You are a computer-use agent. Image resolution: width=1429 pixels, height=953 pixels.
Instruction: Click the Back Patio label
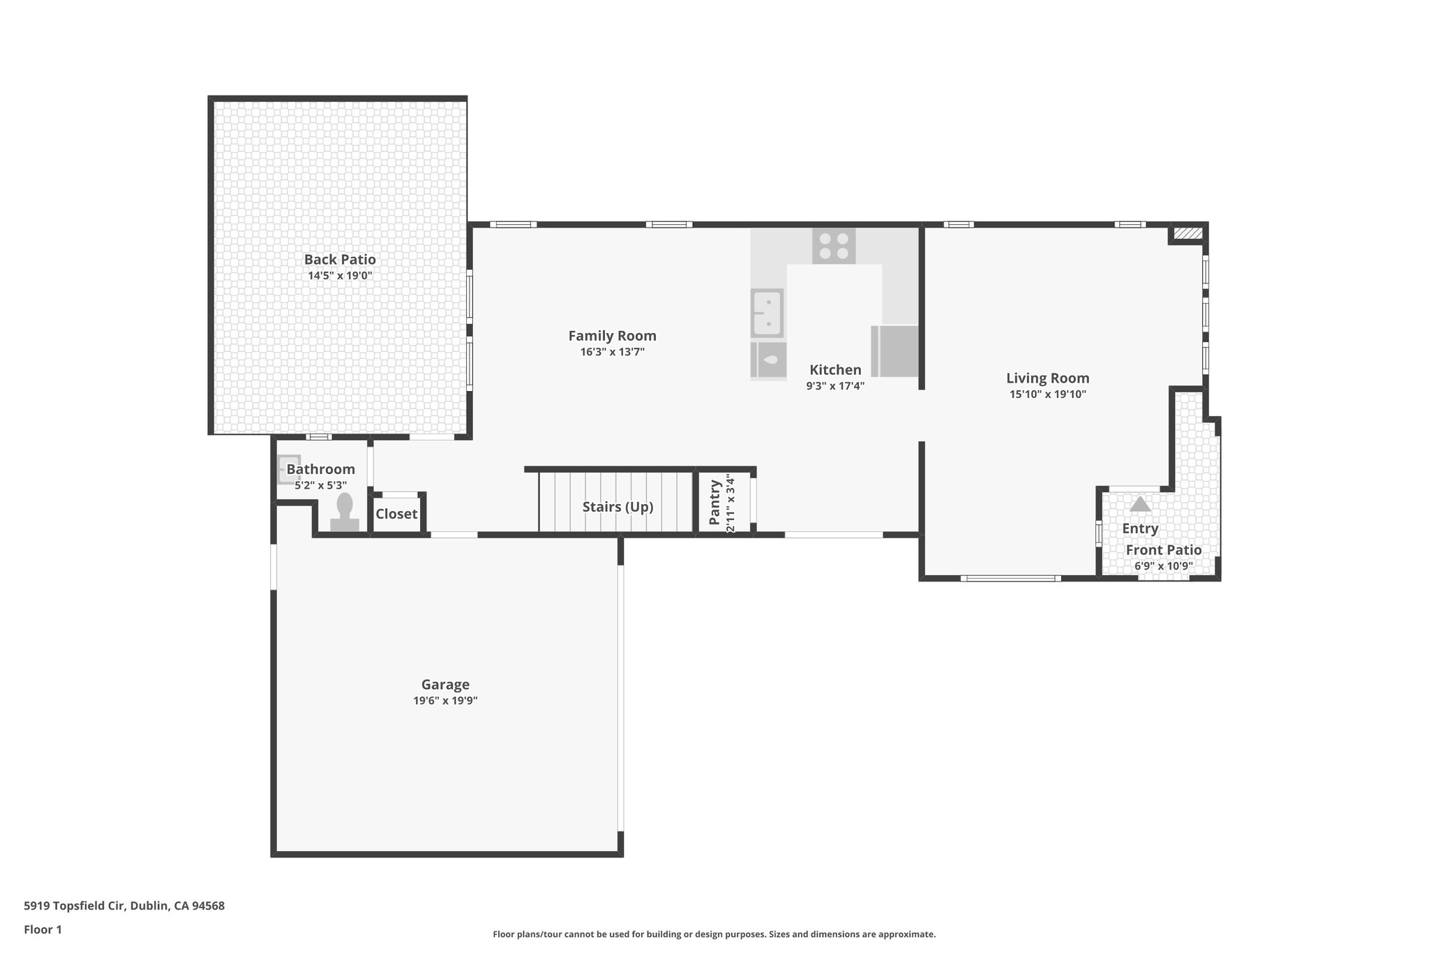(340, 260)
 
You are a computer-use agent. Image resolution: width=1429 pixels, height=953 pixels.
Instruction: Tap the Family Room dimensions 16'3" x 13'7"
(612, 352)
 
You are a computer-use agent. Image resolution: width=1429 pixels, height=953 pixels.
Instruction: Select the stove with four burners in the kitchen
(834, 246)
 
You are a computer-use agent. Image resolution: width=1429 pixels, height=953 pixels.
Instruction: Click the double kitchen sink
(767, 313)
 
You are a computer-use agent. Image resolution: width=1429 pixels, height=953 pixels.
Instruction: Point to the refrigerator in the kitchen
(895, 351)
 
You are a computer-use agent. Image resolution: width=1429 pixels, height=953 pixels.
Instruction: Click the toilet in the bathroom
(345, 513)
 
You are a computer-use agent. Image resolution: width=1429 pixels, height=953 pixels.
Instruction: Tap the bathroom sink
(288, 469)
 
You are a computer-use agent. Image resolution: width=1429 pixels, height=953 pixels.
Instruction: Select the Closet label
(396, 515)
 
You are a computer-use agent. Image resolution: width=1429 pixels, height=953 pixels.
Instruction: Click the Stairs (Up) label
(618, 507)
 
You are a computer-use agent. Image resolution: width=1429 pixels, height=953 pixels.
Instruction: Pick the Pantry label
(714, 502)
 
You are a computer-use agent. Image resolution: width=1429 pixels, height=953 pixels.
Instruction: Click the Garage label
(445, 685)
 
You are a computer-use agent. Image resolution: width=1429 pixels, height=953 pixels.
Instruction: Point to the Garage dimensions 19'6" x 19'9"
(445, 701)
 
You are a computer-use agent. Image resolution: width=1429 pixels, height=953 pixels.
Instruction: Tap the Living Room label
(1047, 378)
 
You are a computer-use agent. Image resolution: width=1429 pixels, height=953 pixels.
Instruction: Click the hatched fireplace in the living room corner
(1188, 233)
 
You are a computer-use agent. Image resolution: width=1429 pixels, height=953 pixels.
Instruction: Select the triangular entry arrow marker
(1139, 504)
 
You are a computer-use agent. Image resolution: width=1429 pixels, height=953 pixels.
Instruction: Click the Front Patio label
(1163, 550)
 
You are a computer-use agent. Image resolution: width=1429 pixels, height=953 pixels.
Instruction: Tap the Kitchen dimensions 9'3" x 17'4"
(835, 385)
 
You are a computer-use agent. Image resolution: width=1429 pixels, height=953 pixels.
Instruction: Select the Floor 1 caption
(43, 930)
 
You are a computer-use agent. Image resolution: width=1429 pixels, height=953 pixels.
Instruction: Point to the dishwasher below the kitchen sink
(768, 360)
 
